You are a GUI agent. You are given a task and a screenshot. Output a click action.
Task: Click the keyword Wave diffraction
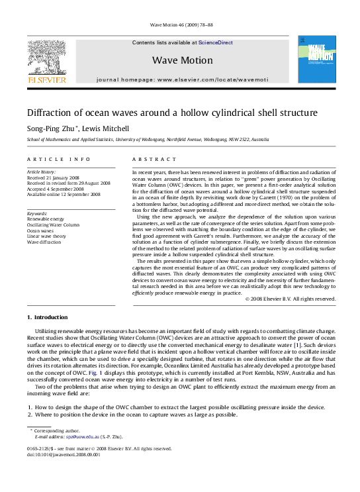[x=45, y=242]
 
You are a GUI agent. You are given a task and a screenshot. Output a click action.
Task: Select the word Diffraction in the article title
[x=53, y=113]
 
